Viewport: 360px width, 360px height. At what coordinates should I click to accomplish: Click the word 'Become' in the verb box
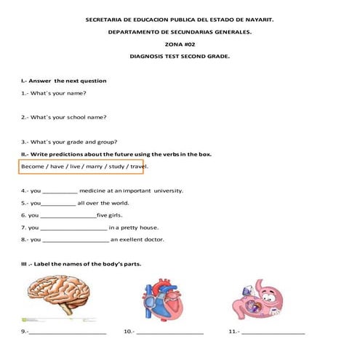click(x=33, y=167)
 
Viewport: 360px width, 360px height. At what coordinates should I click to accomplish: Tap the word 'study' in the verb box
click(x=116, y=167)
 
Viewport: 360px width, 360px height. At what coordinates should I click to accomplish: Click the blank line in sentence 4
click(x=55, y=192)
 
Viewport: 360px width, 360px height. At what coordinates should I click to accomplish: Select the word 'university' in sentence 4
click(x=165, y=191)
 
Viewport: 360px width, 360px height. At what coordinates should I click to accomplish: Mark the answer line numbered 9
click(x=67, y=333)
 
